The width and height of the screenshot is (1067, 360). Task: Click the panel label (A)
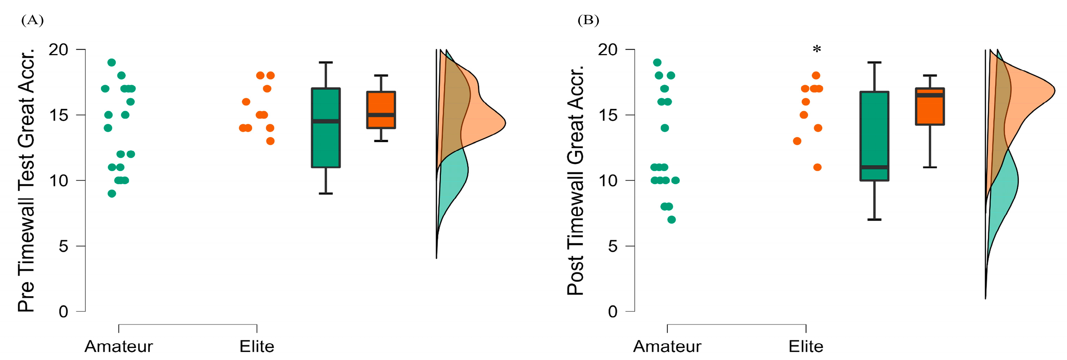point(32,20)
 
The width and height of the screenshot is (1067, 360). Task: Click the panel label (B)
point(588,20)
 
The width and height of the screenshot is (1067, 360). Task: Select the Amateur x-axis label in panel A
point(119,346)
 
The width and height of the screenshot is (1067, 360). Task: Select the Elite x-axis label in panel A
point(257,346)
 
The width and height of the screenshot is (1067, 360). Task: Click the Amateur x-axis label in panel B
point(667,346)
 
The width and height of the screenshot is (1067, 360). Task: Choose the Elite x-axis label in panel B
point(806,346)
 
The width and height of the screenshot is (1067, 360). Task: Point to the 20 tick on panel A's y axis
point(58,50)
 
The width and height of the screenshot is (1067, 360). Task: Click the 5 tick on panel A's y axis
point(63,246)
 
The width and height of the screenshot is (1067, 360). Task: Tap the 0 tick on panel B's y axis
point(613,312)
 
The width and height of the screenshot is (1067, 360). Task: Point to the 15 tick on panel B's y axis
point(608,115)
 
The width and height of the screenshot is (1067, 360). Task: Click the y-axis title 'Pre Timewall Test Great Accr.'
point(26,180)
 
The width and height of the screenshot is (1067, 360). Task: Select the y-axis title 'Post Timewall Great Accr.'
point(575,180)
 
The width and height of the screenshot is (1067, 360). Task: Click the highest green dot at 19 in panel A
point(112,63)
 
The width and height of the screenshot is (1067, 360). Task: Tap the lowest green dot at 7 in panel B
point(672,219)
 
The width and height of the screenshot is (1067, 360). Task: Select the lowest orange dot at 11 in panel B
point(817,167)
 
